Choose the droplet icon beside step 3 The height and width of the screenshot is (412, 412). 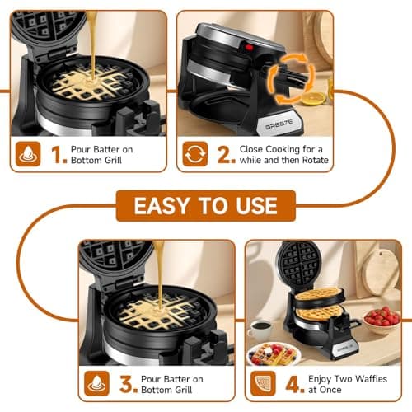[x=97, y=383]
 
